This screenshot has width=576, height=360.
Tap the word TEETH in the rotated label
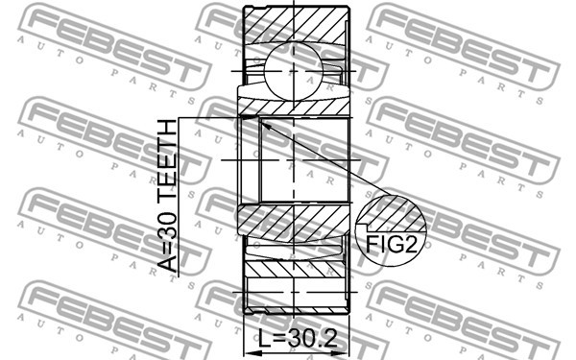coord(167,164)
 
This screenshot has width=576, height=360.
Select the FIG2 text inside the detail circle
coord(392,243)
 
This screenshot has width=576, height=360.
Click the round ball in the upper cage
coord(294,71)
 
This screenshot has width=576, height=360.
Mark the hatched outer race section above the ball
coord(296,26)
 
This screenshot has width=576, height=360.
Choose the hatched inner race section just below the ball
coord(294,108)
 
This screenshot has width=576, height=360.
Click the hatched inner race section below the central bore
coord(294,223)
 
